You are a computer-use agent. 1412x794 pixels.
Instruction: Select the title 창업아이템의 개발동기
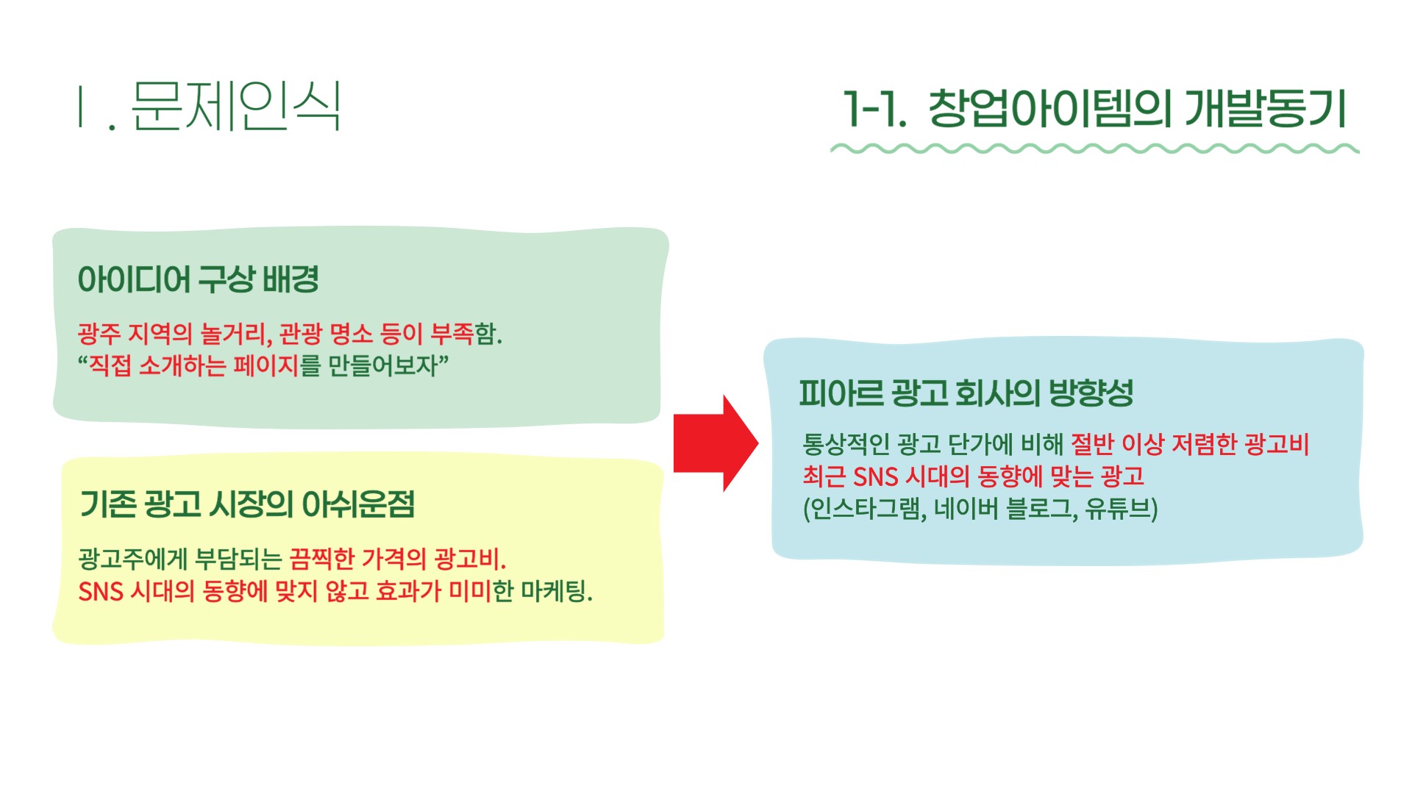1137,108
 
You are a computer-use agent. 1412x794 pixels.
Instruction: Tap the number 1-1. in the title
874,109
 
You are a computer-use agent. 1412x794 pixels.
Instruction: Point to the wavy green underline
1094,149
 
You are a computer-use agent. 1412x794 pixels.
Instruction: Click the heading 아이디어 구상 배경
199,279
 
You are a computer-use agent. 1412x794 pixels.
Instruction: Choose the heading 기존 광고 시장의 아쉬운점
247,504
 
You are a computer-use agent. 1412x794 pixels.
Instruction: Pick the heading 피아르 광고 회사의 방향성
966,393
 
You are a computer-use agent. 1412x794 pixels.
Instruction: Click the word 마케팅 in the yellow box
556,590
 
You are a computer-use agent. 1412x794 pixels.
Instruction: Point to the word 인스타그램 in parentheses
864,508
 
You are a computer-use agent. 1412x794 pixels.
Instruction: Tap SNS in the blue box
875,476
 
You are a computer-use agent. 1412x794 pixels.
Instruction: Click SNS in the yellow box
101,591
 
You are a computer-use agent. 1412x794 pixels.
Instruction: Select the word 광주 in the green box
99,334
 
